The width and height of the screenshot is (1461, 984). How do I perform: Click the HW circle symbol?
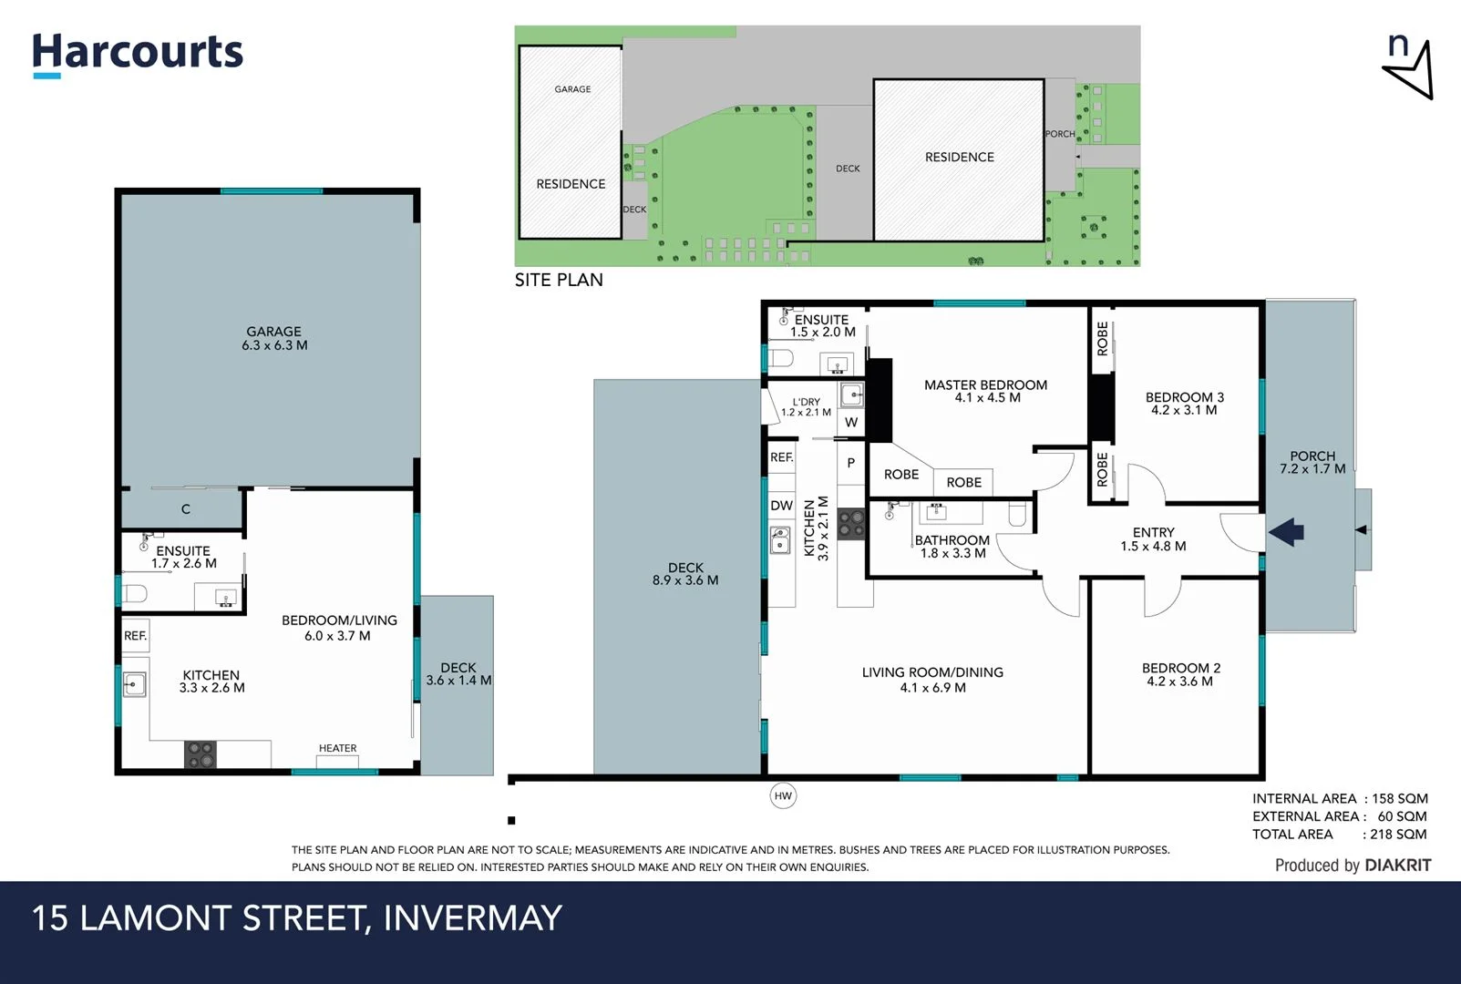(783, 795)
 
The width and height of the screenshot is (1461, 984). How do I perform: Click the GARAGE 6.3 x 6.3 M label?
(273, 338)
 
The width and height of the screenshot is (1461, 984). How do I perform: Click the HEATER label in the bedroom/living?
(337, 748)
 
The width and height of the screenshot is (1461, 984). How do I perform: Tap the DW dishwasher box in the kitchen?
(781, 506)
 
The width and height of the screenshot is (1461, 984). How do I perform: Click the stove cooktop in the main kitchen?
(851, 524)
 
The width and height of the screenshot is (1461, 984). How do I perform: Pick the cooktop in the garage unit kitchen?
(201, 754)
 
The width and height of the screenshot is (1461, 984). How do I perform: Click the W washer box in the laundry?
(851, 422)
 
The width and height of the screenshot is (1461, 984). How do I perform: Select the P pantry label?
(851, 463)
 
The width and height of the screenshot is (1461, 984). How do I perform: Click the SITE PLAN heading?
(559, 280)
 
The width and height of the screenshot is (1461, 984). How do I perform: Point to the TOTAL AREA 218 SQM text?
(1339, 834)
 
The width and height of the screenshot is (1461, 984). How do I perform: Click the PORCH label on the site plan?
(1059, 134)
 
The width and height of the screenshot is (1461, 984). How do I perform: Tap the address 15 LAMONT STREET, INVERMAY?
(297, 917)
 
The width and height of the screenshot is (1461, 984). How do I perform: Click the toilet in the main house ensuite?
(781, 356)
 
